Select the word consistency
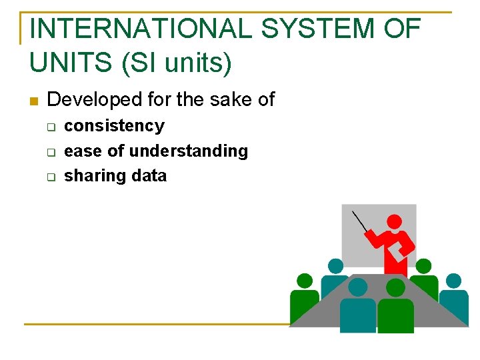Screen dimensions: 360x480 (114, 126)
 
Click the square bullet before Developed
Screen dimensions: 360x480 (33, 101)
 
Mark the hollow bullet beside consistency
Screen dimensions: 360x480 (49, 127)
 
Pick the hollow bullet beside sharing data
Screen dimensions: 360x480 (49, 177)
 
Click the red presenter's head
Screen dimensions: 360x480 (395, 223)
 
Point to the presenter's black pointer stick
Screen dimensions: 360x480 (360, 221)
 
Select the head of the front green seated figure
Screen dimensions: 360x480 (396, 287)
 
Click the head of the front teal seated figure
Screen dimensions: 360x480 (358, 287)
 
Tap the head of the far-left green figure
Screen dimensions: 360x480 (305, 281)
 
